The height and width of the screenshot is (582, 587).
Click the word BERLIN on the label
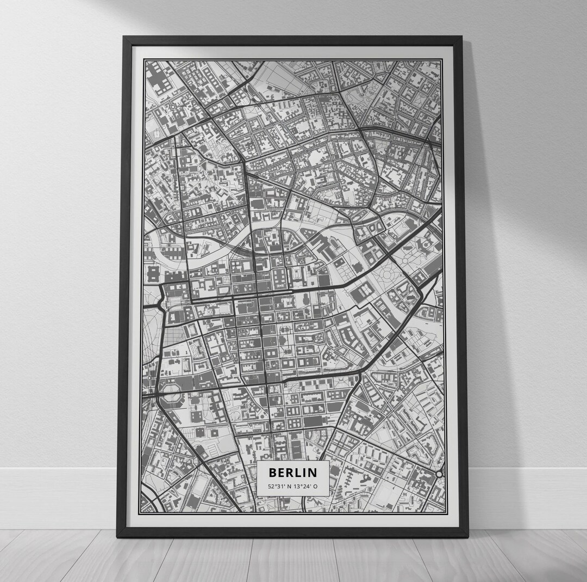[292, 471]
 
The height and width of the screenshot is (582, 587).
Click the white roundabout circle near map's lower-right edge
[439, 474]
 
